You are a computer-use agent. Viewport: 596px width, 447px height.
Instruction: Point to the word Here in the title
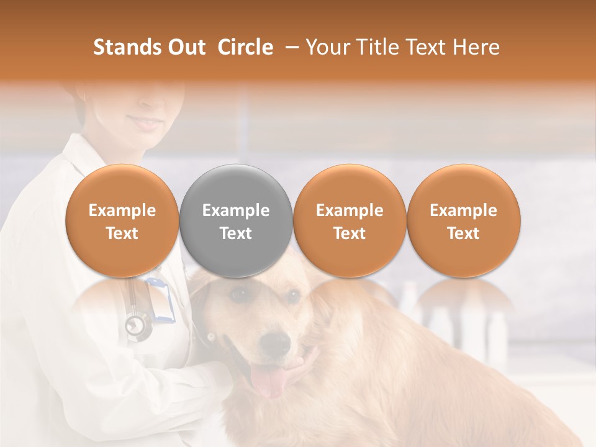coord(477,47)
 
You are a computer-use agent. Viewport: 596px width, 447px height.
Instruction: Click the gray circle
coord(236,221)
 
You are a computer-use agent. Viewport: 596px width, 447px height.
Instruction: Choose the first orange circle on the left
coord(122,221)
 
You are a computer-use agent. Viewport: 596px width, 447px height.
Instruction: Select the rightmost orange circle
coord(464,221)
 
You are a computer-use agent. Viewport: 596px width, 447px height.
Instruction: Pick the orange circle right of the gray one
coord(350,221)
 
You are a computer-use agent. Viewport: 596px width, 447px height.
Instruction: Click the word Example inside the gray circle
coord(236,210)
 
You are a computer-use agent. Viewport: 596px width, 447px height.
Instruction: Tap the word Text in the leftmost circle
coord(122,233)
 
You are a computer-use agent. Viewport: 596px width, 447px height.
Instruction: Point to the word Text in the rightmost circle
coord(464,233)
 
